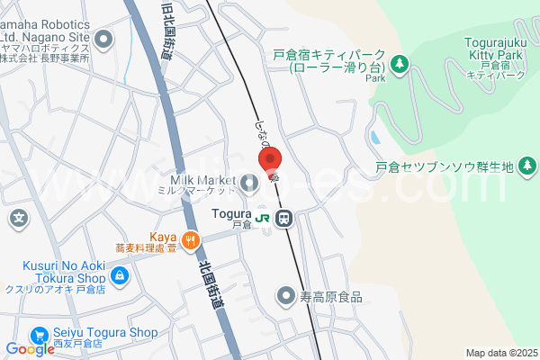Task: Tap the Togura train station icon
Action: click(x=284, y=218)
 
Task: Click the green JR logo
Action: click(x=263, y=218)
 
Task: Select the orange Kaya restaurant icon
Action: click(x=190, y=239)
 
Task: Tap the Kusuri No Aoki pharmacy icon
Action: click(x=119, y=275)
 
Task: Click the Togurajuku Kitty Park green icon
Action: click(x=400, y=64)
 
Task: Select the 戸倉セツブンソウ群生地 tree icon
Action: click(x=528, y=166)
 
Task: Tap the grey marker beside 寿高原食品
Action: click(x=286, y=295)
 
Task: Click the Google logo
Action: click(x=30, y=349)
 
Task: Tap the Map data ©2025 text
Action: click(x=500, y=353)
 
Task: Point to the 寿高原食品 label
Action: click(x=331, y=296)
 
